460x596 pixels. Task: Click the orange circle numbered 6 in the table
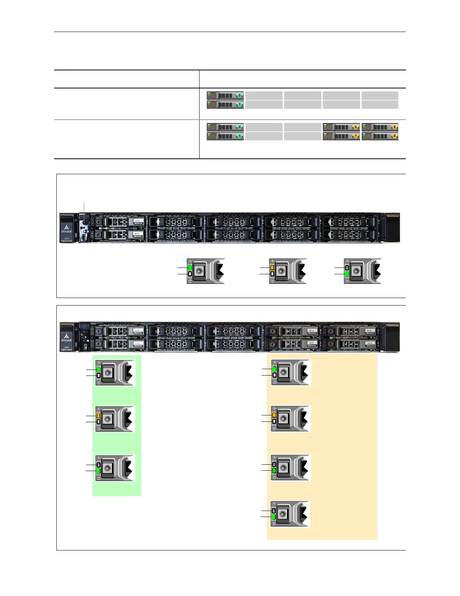pyautogui.click(x=356, y=127)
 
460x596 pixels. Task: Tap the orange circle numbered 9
pyautogui.click(x=394, y=136)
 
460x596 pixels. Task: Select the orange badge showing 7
pyautogui.click(x=356, y=136)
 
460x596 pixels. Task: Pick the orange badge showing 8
pyautogui.click(x=394, y=127)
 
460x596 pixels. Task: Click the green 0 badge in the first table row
pyautogui.click(x=239, y=96)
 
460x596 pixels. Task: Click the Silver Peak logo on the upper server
pyautogui.click(x=66, y=228)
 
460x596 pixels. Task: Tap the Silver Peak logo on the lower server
pyautogui.click(x=66, y=337)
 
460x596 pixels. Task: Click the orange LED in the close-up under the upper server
pyautogui.click(x=272, y=268)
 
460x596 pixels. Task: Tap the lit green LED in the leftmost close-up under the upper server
pyautogui.click(x=190, y=268)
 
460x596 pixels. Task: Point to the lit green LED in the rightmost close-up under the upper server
pyautogui.click(x=347, y=274)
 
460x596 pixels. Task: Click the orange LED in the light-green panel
pyautogui.click(x=98, y=415)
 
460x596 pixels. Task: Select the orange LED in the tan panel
pyautogui.click(x=274, y=415)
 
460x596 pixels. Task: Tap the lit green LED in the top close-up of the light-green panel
pyautogui.click(x=98, y=369)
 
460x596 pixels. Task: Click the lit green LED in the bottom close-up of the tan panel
pyautogui.click(x=274, y=517)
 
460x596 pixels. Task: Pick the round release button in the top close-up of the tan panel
pyautogui.click(x=284, y=372)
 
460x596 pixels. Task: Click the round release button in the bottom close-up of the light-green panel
pyautogui.click(x=108, y=468)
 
